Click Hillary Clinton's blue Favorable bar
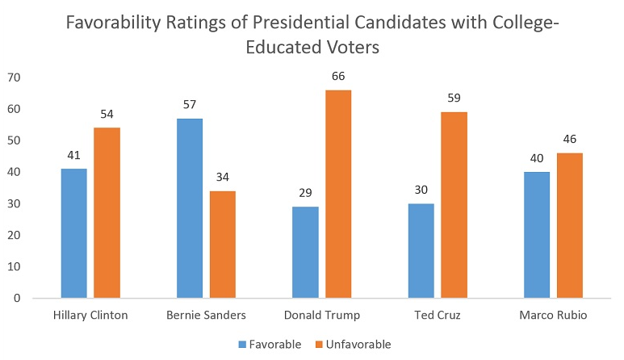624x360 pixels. click(73, 233)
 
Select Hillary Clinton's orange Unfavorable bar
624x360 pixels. click(107, 213)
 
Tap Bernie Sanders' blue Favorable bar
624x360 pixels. click(189, 208)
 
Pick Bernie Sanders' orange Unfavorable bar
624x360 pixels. click(222, 245)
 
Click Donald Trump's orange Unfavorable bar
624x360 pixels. click(338, 194)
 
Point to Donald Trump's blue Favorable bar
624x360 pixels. click(305, 252)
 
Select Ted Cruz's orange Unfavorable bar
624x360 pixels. click(454, 205)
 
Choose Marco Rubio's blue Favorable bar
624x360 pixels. click(537, 235)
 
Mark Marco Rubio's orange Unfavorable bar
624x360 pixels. click(570, 225)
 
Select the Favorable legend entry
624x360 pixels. click(270, 345)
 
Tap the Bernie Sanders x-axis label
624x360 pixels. click(205, 315)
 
